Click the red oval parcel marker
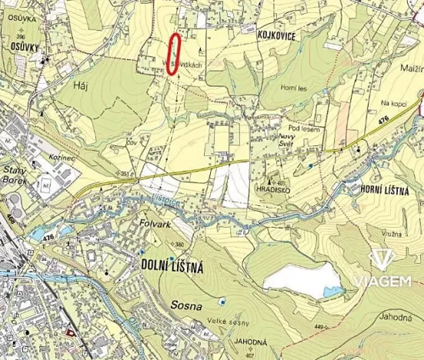click(174, 55)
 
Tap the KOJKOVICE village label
click(273, 36)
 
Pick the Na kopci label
click(392, 102)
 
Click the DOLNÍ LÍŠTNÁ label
click(172, 267)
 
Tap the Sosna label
click(187, 305)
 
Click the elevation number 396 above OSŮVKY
click(21, 35)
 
